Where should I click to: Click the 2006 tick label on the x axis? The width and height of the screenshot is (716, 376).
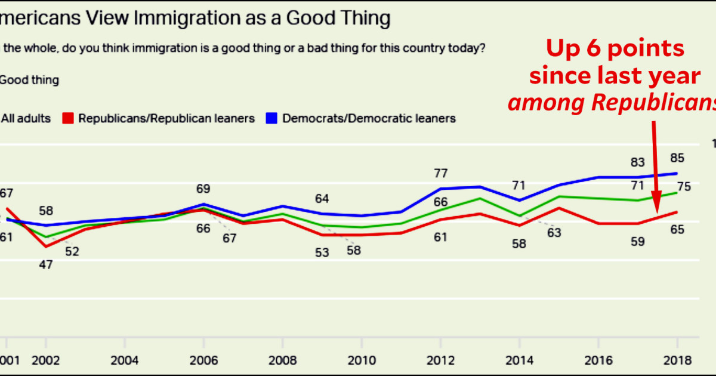(x=203, y=360)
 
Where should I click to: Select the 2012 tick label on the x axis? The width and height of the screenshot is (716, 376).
(x=440, y=360)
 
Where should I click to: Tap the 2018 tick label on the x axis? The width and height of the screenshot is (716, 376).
(x=677, y=360)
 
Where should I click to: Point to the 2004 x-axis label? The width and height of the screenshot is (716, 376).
(x=125, y=360)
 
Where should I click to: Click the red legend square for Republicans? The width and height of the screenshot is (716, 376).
(x=68, y=118)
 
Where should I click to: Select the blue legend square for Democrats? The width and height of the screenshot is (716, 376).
(x=271, y=118)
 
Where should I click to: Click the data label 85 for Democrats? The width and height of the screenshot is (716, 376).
(x=677, y=158)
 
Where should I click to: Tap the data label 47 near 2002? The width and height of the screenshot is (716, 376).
(x=46, y=264)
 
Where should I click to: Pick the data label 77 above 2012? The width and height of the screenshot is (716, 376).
(x=440, y=174)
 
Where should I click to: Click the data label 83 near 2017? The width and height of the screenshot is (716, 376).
(x=638, y=161)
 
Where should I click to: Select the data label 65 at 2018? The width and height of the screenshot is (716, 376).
(x=677, y=229)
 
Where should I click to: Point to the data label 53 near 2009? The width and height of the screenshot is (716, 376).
(x=322, y=252)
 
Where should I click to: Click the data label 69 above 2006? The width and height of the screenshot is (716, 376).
(x=203, y=189)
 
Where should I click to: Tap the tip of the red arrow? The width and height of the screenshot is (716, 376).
(x=655, y=212)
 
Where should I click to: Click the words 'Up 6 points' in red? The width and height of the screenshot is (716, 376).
(x=615, y=49)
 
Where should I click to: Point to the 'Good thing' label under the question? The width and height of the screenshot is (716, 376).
(x=30, y=80)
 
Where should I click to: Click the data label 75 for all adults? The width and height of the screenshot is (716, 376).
(x=684, y=187)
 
